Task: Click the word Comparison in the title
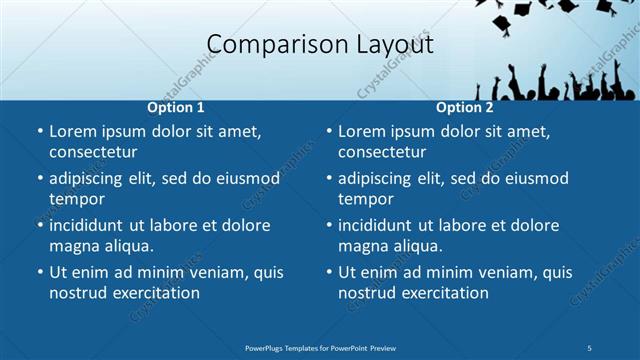(263, 45)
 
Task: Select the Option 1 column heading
(176, 107)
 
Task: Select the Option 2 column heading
(465, 107)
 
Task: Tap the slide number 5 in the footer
(589, 347)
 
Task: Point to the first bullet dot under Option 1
(39, 131)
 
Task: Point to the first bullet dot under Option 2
(328, 131)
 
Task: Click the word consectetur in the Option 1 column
(93, 152)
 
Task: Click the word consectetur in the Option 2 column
(382, 152)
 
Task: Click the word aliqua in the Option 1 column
(125, 246)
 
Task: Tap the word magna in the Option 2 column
(363, 246)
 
